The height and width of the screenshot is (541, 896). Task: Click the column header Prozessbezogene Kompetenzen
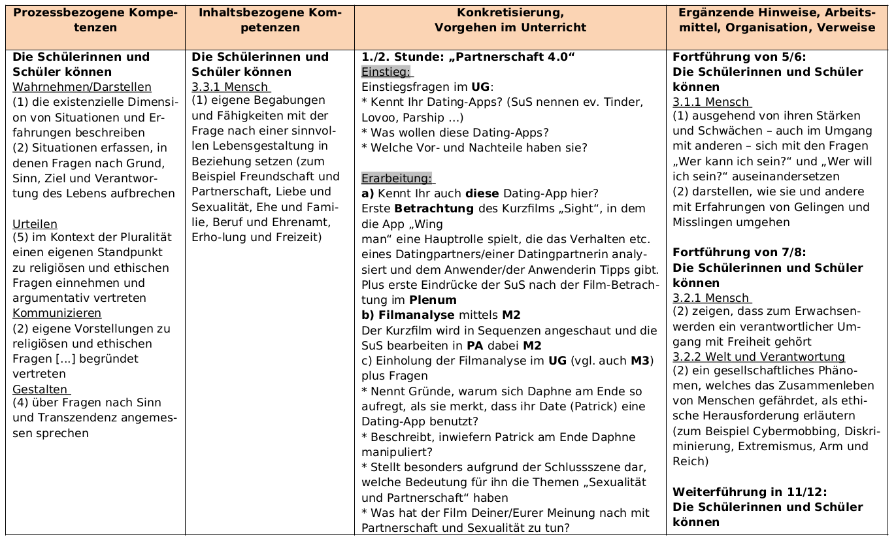coord(95,20)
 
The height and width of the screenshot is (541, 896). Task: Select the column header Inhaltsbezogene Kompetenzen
coord(269,20)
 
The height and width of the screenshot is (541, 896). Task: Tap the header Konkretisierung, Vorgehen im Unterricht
coord(510,20)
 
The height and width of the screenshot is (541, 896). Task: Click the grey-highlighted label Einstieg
coord(386,72)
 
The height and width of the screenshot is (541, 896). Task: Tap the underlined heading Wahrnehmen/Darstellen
coord(82,87)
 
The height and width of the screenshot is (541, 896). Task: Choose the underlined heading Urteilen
coord(35,223)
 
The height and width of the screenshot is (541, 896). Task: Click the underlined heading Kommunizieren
coord(57,313)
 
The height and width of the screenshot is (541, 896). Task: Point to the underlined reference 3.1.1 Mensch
coord(711,102)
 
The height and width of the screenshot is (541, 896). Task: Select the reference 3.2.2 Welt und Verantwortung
coord(758,357)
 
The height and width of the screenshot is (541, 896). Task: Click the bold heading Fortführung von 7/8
coord(739,252)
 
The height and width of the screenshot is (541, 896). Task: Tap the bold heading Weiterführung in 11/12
coord(749,492)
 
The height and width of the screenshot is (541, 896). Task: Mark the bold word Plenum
coord(433,300)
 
